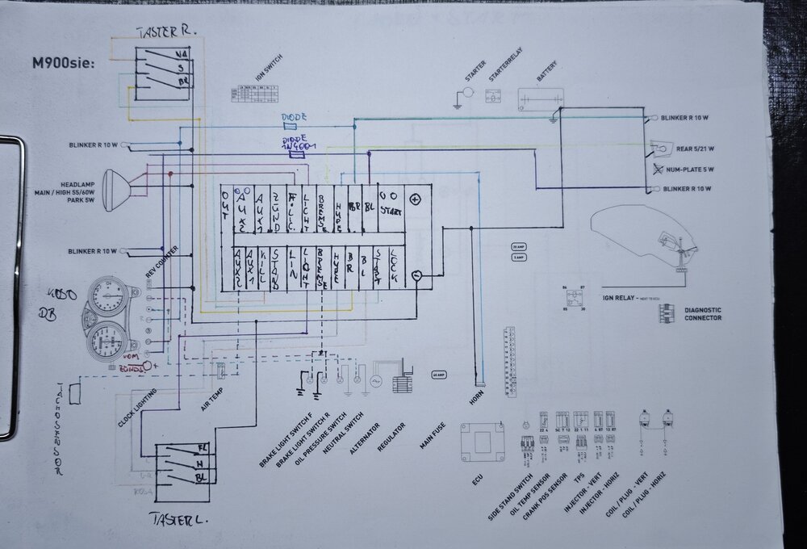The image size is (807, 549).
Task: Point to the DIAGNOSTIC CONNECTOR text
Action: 703,314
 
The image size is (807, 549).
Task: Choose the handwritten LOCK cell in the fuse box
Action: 392,266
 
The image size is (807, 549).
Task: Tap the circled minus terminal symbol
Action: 416,275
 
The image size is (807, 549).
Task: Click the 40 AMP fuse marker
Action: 439,375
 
